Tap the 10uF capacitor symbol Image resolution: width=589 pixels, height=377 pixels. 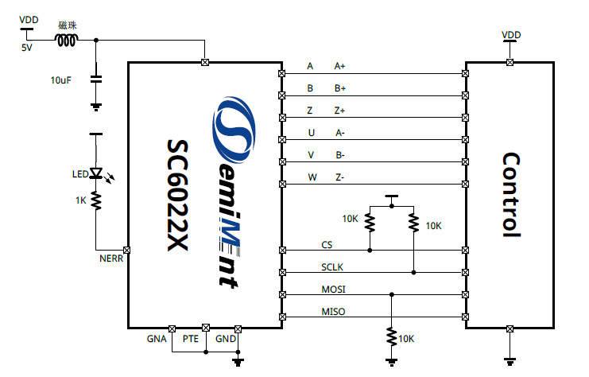pyautogui.click(x=96, y=80)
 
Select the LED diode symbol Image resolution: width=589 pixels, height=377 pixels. pyautogui.click(x=96, y=173)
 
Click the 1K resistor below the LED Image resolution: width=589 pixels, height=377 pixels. pyautogui.click(x=96, y=200)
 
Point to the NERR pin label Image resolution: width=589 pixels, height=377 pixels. pyautogui.click(x=110, y=259)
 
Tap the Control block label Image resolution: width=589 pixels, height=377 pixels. pyautogui.click(x=510, y=195)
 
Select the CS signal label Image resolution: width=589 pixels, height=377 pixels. pyautogui.click(x=327, y=244)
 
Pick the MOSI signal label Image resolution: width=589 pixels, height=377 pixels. pyautogui.click(x=333, y=289)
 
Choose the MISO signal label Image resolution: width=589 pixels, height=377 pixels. pyautogui.click(x=333, y=311)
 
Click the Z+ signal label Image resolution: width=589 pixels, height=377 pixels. pyautogui.click(x=339, y=111)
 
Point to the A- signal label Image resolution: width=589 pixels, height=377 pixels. pyautogui.click(x=339, y=133)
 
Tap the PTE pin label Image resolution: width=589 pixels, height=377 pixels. pyautogui.click(x=191, y=339)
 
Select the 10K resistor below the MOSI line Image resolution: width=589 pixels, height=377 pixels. pyautogui.click(x=390, y=336)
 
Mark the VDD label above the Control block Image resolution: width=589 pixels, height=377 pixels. pyautogui.click(x=511, y=35)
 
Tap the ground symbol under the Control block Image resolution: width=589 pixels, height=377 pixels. pyautogui.click(x=509, y=358)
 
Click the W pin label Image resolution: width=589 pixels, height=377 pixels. pyautogui.click(x=312, y=177)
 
